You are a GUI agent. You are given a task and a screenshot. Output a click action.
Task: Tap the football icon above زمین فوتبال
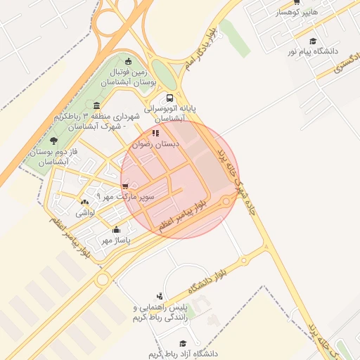(x=127, y=61)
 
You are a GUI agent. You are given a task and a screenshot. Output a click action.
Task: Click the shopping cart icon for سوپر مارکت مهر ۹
(x=125, y=186)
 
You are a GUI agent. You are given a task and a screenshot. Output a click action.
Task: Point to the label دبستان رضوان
(x=158, y=143)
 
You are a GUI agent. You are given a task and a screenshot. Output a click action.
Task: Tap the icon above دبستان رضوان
(x=155, y=133)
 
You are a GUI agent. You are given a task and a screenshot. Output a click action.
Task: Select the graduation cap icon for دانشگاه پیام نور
(x=313, y=41)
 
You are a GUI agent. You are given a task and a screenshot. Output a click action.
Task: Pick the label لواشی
(x=85, y=212)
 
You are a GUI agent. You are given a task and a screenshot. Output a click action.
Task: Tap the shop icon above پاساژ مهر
(x=116, y=229)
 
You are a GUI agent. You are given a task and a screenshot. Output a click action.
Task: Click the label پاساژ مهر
(x=116, y=240)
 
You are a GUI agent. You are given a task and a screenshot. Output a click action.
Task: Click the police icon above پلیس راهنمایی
(x=160, y=296)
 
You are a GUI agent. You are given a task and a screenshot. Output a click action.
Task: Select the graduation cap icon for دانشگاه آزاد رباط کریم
(x=183, y=342)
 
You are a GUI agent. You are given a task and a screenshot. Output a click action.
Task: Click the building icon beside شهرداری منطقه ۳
(x=96, y=106)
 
